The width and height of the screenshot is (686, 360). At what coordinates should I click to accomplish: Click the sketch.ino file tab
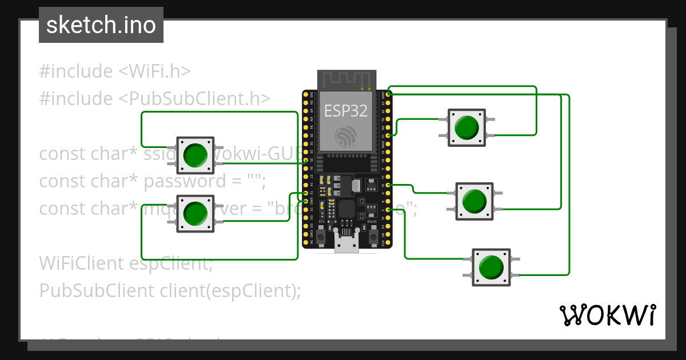click(x=101, y=25)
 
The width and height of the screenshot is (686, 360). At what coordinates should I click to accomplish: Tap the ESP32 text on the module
click(x=345, y=111)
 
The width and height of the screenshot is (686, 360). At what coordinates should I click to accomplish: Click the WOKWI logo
click(x=607, y=315)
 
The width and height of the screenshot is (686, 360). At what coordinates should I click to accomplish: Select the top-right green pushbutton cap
click(x=466, y=127)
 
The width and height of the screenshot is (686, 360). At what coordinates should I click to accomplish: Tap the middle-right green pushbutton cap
click(x=474, y=201)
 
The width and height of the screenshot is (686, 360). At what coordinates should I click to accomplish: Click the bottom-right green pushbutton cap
click(x=490, y=267)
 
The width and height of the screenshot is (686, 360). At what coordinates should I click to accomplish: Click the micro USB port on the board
click(x=346, y=245)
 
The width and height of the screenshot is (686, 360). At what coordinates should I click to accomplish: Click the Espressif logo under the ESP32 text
click(x=346, y=135)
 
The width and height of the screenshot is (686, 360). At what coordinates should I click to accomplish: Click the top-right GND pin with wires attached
click(x=389, y=93)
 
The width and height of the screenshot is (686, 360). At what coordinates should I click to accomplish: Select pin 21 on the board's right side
click(x=389, y=135)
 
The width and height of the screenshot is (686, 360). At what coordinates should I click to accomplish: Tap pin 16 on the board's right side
click(x=389, y=185)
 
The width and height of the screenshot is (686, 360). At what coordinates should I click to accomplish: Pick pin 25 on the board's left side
click(x=306, y=161)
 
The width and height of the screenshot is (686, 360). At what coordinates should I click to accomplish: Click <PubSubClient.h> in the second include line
click(x=194, y=98)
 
